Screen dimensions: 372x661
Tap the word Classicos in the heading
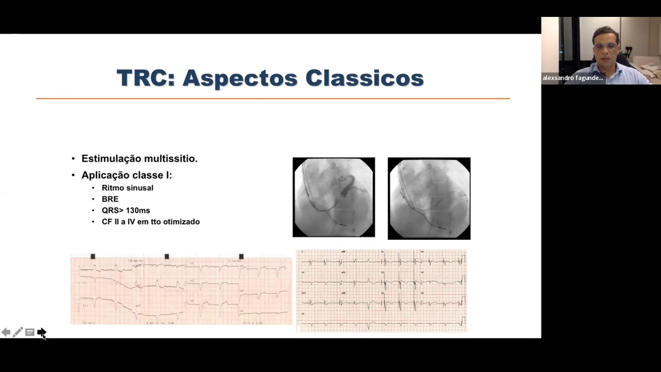364,78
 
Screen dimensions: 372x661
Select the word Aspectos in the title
240,78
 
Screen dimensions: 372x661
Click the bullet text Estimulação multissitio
139,159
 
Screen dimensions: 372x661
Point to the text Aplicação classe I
126,175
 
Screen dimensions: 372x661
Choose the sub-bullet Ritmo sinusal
127,188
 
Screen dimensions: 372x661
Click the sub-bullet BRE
110,199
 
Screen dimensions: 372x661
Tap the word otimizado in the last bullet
181,222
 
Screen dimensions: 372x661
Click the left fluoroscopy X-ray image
333,197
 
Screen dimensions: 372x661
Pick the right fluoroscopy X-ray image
429,198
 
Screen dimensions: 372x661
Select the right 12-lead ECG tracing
381,291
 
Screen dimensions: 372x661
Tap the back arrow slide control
6,332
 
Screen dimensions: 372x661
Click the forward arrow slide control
41,332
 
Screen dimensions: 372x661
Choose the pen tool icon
18,332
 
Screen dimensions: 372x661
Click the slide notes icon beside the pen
30,332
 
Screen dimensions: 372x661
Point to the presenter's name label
572,78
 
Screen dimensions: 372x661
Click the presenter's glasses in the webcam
605,46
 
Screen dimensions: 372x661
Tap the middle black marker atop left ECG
167,257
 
